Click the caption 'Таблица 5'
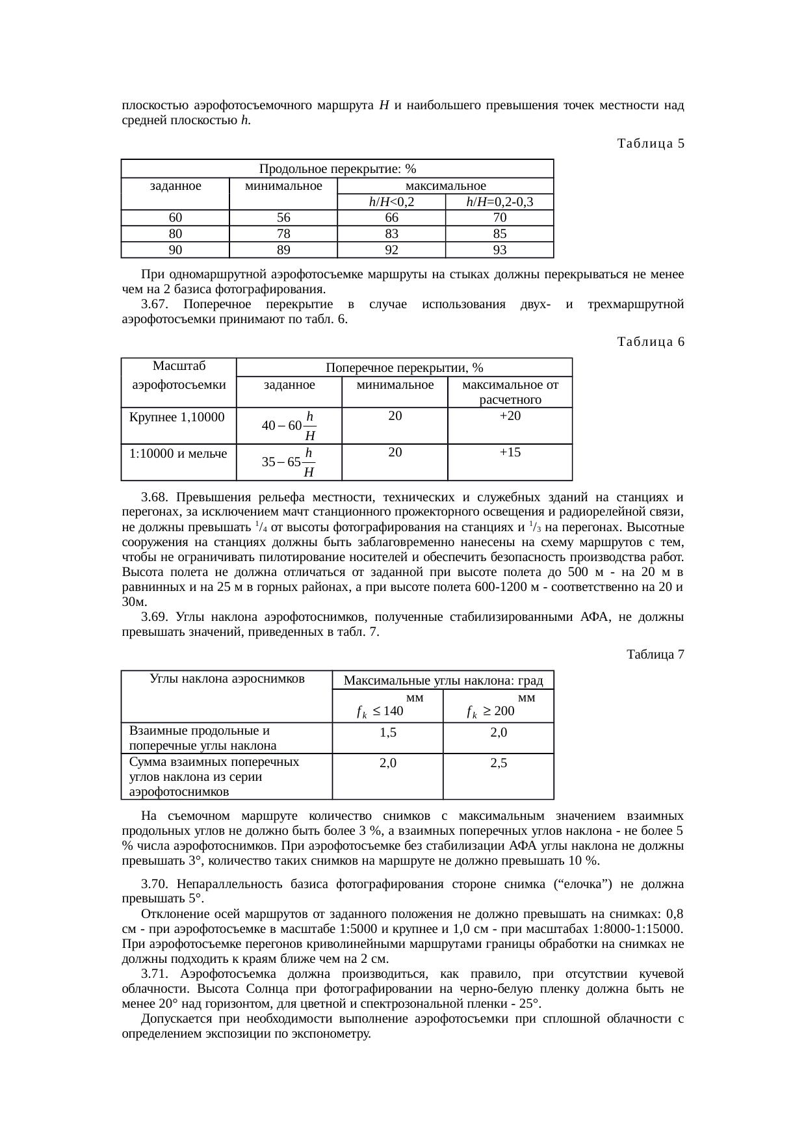pos(651,143)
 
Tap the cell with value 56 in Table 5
pos(283,218)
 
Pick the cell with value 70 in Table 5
pos(499,218)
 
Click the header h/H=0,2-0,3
pos(499,202)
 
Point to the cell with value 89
pos(283,250)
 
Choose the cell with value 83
pos(391,234)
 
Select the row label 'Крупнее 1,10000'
pos(177,417)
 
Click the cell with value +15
pos(510,452)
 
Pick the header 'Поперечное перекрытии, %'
pos(404,368)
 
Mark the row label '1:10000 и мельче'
pos(178,454)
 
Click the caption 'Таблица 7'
pos(655,654)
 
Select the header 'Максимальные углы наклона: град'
pos(443,681)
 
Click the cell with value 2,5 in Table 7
pos(499,764)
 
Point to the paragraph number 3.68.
pos(155,497)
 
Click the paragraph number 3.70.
pos(155,884)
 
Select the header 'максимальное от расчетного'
pos(510,392)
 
